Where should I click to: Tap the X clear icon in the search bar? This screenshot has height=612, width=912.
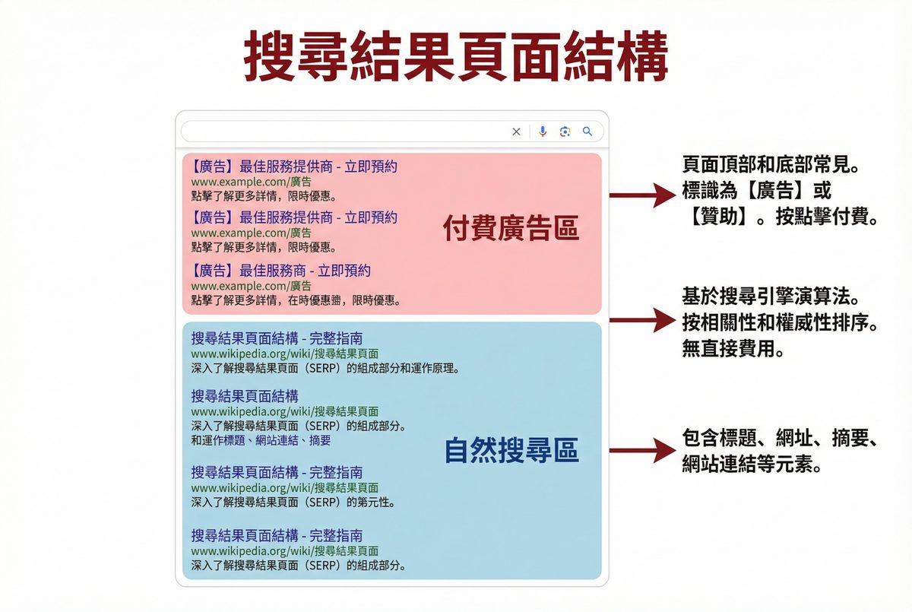(x=517, y=132)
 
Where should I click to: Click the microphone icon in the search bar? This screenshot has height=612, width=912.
(x=543, y=132)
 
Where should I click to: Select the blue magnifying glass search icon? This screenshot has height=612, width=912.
(x=587, y=132)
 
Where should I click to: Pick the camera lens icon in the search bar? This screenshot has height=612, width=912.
(x=565, y=132)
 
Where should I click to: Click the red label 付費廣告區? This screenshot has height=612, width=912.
(x=511, y=228)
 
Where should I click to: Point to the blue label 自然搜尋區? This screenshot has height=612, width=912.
(x=511, y=452)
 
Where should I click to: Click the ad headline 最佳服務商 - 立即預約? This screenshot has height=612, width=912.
(x=281, y=271)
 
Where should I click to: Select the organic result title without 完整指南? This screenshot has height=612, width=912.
(x=245, y=395)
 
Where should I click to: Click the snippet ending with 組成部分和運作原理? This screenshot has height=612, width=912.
(x=325, y=368)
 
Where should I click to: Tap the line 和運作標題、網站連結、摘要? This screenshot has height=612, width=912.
(x=261, y=440)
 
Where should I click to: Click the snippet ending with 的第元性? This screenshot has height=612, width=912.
(x=293, y=503)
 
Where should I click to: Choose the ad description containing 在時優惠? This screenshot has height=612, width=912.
(x=296, y=300)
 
